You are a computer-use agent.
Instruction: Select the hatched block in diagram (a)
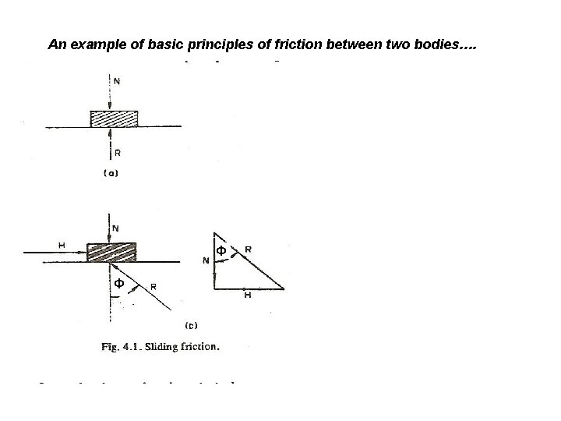[x=115, y=119]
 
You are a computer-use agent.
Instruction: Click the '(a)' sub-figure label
[x=111, y=174]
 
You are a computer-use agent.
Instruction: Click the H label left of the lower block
[x=62, y=246]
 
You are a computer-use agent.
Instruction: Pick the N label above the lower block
[x=117, y=228]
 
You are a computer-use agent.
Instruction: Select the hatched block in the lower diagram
[x=111, y=253]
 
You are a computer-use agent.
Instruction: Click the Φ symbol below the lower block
[x=118, y=283]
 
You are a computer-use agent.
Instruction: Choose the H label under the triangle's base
[x=247, y=295]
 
